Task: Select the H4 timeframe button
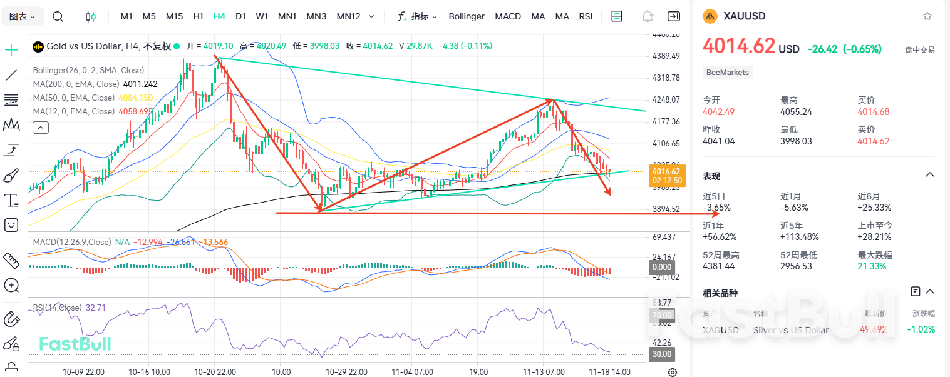click(x=219, y=16)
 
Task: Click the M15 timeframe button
click(x=174, y=16)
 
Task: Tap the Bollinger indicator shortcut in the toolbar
click(x=467, y=16)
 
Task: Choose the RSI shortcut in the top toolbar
click(x=586, y=16)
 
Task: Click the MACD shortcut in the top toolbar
click(x=508, y=16)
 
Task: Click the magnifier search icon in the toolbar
click(x=58, y=16)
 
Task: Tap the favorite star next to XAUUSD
click(x=927, y=16)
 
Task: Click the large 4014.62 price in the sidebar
click(x=739, y=46)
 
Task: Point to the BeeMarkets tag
click(x=727, y=73)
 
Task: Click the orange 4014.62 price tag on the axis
click(x=666, y=171)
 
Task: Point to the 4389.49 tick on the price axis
click(x=666, y=56)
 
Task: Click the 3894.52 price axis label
click(x=666, y=209)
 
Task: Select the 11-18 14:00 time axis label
click(x=609, y=371)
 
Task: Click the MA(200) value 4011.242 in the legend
click(x=140, y=84)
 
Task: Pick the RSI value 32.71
click(x=95, y=308)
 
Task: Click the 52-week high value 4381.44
click(x=721, y=266)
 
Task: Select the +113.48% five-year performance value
click(x=800, y=236)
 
